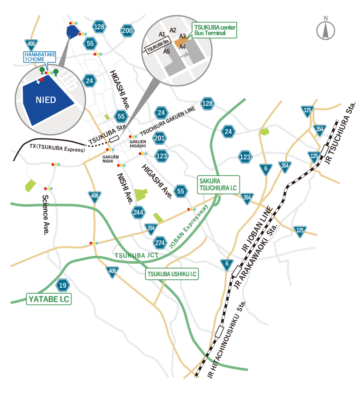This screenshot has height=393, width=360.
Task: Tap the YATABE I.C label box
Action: [48, 299]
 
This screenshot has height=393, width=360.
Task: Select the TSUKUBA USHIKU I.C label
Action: [172, 274]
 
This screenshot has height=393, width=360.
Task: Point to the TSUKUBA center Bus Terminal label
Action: [215, 31]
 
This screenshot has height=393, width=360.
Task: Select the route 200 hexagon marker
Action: [127, 31]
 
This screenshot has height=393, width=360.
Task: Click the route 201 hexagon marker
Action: [160, 138]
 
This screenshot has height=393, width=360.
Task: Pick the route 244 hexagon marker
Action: [138, 212]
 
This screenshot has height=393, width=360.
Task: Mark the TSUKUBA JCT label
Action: [137, 255]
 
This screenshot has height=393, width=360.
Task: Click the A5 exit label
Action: [167, 51]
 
